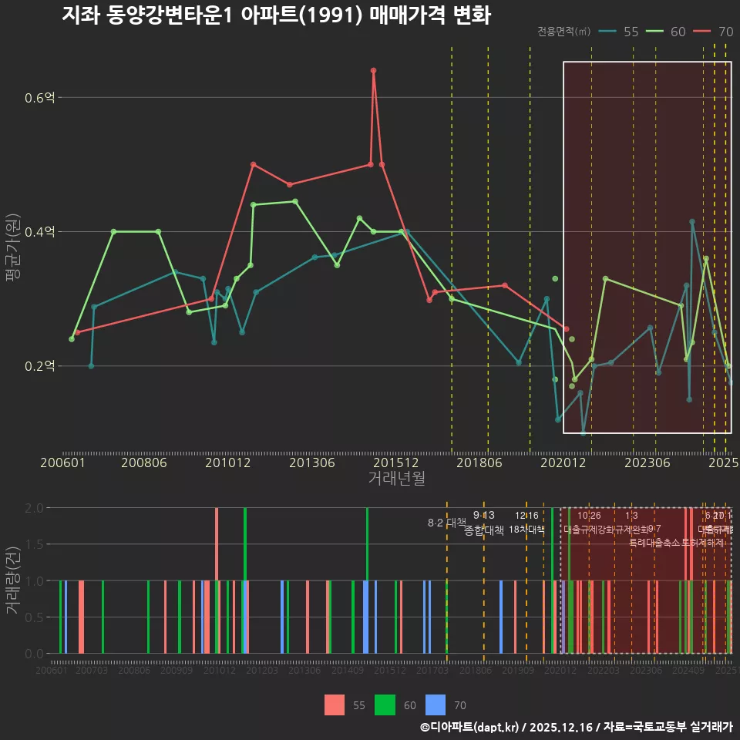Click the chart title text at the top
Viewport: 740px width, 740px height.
click(x=276, y=15)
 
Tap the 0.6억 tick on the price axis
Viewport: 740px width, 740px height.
click(x=39, y=98)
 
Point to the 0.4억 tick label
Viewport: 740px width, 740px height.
click(x=39, y=232)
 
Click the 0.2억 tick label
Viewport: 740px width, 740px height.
click(x=39, y=366)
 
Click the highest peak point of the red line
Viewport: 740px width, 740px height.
click(x=373, y=70)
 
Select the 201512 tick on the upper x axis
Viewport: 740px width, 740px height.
click(x=396, y=463)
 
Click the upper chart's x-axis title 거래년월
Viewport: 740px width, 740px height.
click(x=396, y=478)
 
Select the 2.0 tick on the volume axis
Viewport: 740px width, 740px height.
click(x=35, y=508)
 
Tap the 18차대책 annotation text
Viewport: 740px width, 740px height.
click(x=526, y=530)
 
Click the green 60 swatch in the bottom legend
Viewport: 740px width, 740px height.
click(x=385, y=705)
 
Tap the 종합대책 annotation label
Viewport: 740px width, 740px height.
click(x=484, y=530)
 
